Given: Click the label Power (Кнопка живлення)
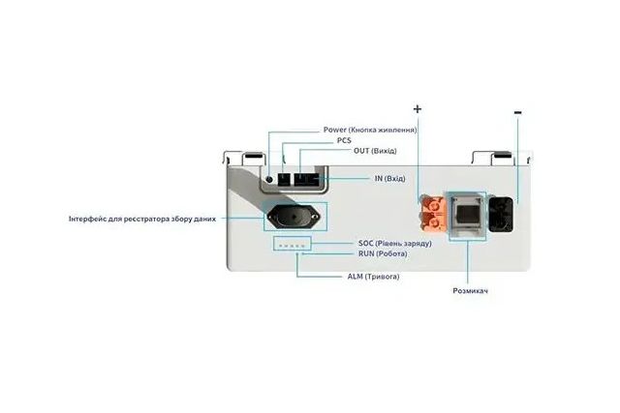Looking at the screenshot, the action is pyautogui.click(x=370, y=130).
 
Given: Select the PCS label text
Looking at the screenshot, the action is pyautogui.click(x=344, y=140).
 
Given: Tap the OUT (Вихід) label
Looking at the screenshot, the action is pyautogui.click(x=375, y=151).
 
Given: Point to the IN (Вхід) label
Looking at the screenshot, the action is pyautogui.click(x=389, y=179).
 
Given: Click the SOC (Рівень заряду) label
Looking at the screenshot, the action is pyautogui.click(x=394, y=243).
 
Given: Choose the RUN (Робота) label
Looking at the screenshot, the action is pyautogui.click(x=383, y=253).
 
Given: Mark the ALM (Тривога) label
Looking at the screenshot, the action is pyautogui.click(x=373, y=277).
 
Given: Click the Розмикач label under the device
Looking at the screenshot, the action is pyautogui.click(x=470, y=291).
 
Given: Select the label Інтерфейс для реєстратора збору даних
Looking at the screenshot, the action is pyautogui.click(x=142, y=219).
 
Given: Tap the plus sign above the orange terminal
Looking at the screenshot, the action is pyautogui.click(x=418, y=108).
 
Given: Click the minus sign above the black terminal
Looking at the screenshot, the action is pyautogui.click(x=518, y=113).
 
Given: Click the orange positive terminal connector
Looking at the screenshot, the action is pyautogui.click(x=433, y=214).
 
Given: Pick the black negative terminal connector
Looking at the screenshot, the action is pyautogui.click(x=501, y=215).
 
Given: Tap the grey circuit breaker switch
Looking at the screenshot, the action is pyautogui.click(x=467, y=215).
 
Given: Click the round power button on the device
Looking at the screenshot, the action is pyautogui.click(x=269, y=179).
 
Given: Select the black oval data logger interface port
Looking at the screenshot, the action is pyautogui.click(x=293, y=217).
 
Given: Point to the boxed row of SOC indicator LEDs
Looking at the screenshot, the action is pyautogui.click(x=292, y=244).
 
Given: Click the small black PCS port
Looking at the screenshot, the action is pyautogui.click(x=284, y=180).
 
